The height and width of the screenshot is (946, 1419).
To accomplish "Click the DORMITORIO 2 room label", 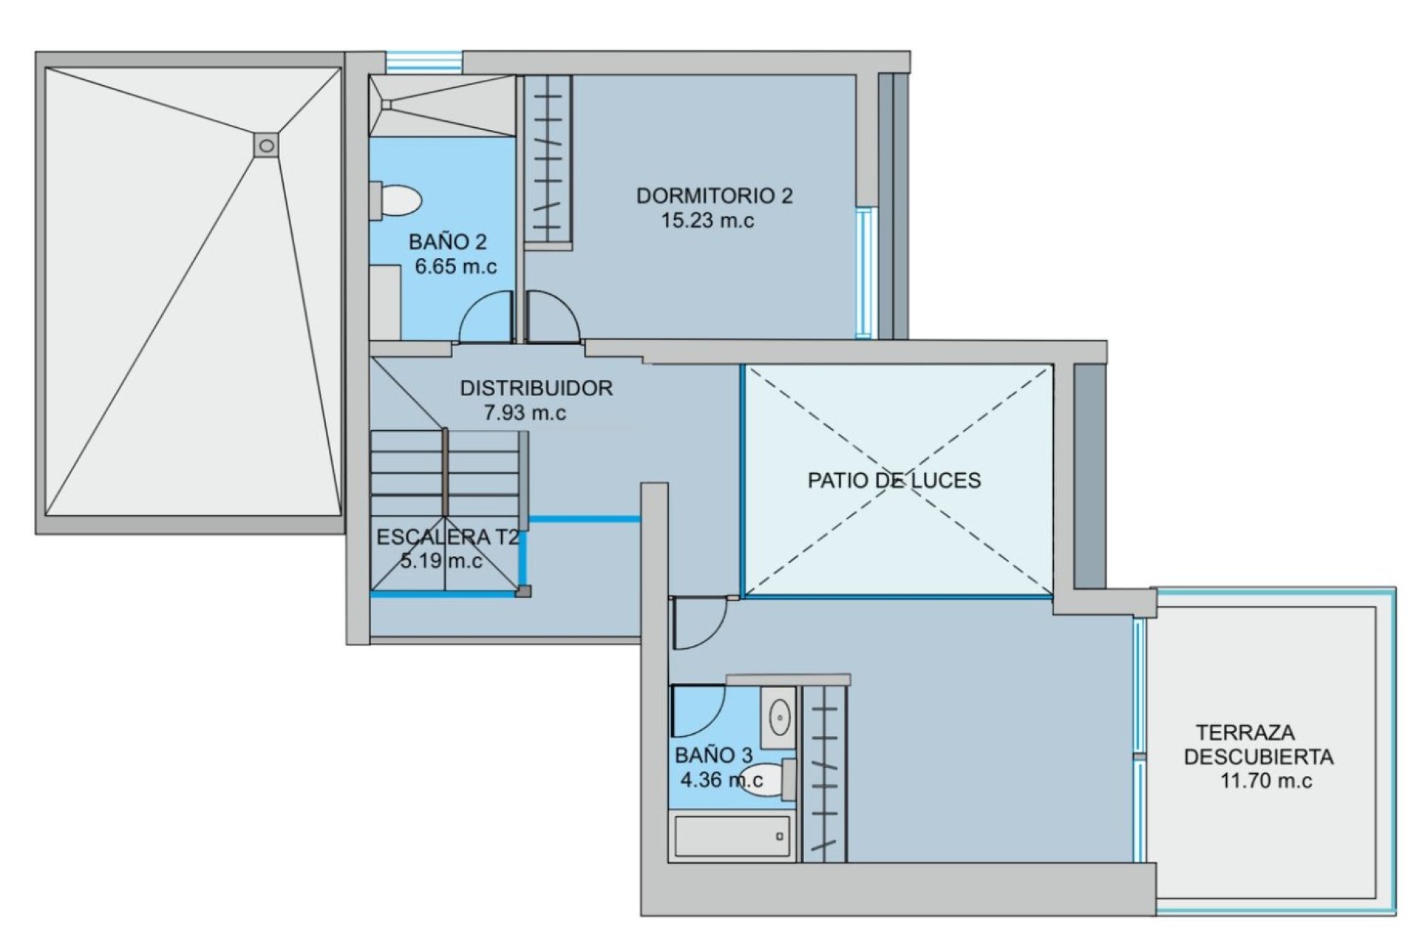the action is click(x=714, y=196).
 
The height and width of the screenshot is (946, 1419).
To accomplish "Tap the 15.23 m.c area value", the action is click(x=707, y=221).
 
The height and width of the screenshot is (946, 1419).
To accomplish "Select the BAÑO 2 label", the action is click(x=448, y=242).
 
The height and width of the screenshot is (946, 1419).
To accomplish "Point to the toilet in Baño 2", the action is click(x=397, y=200).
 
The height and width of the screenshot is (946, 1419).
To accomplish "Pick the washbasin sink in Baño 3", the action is click(x=779, y=715).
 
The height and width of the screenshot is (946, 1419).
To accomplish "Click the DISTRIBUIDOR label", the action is click(x=537, y=388).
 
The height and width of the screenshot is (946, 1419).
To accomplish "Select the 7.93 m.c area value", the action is click(x=525, y=413).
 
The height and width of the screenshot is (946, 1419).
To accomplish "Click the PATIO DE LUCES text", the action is click(x=894, y=480).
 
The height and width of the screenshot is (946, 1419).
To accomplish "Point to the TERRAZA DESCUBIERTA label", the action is click(x=1259, y=745).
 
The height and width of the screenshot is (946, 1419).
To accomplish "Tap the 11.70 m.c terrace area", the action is click(x=1266, y=781).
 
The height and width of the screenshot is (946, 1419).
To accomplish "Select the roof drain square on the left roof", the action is click(x=267, y=146).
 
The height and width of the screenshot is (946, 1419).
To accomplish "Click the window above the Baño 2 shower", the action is click(x=425, y=61).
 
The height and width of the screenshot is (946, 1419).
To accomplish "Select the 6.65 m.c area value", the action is click(x=456, y=267).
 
